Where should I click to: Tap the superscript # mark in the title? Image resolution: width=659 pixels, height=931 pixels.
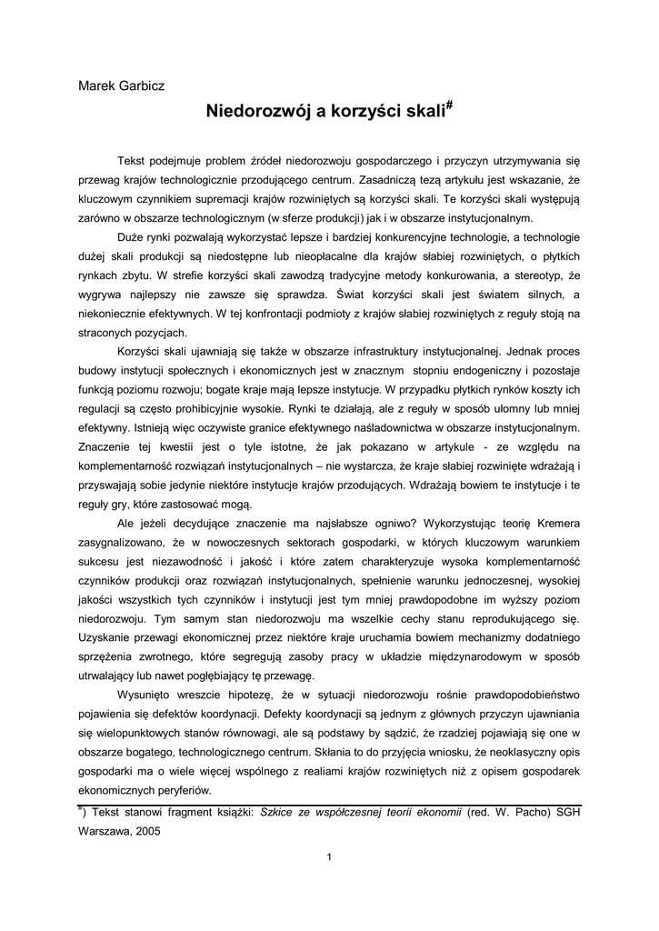449,107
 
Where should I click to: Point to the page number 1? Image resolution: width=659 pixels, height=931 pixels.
329,856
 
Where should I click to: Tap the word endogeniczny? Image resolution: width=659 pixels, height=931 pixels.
490,370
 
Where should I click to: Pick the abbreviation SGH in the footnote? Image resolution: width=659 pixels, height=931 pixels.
565,811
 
